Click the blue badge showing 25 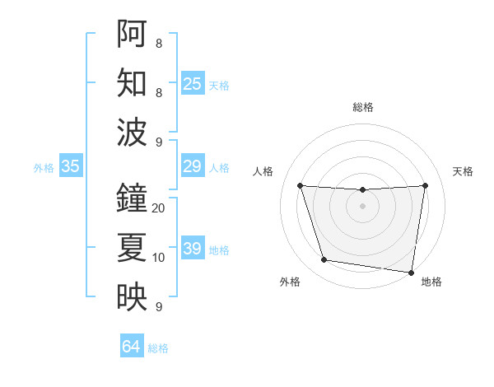tap(193, 83)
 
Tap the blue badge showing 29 tap(193, 166)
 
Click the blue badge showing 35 tap(71, 166)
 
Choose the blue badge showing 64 tap(132, 347)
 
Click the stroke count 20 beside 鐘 tap(159, 208)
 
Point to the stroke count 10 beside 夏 tap(159, 258)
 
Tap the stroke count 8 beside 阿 tap(159, 44)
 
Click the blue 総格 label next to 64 tap(158, 348)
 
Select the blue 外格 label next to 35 tap(44, 168)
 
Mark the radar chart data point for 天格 tap(425, 185)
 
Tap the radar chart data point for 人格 tap(300, 185)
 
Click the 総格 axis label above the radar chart tap(363, 107)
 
